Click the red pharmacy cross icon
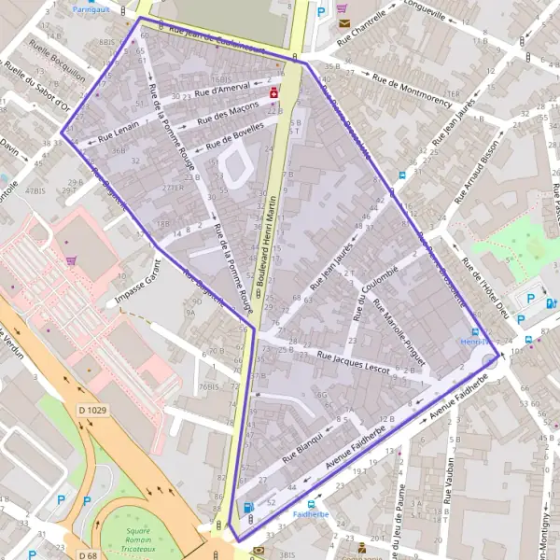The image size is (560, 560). pyautogui.click(x=273, y=93)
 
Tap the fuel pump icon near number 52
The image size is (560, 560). pyautogui.click(x=247, y=508)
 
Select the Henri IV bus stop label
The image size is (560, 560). pyautogui.click(x=474, y=343)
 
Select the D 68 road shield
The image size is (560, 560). pyautogui.click(x=88, y=556)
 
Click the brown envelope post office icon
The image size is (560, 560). pyautogui.click(x=343, y=21)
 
